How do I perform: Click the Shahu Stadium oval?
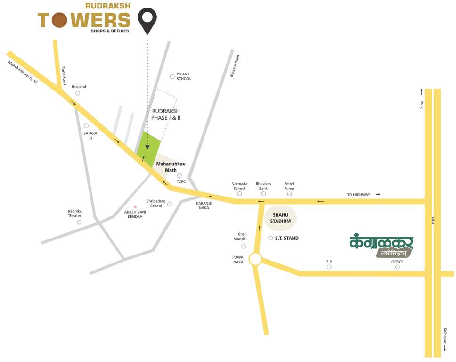pyautogui.click(x=280, y=218)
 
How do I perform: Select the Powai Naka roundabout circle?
pyautogui.click(x=255, y=259)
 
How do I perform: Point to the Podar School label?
pyautogui.click(x=184, y=76)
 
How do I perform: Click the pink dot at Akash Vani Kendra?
pyautogui.click(x=135, y=207)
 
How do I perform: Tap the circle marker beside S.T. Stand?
pyautogui.click(x=270, y=239)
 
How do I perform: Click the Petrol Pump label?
pyautogui.click(x=289, y=186)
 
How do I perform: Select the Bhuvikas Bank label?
pyautogui.click(x=264, y=186)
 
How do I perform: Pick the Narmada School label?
pyautogui.click(x=239, y=186)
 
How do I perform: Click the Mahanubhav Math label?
pyautogui.click(x=171, y=167)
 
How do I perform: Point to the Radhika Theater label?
pyautogui.click(x=74, y=213)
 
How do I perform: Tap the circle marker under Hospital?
pyautogui.click(x=78, y=93)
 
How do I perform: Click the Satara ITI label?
pyautogui.click(x=90, y=136)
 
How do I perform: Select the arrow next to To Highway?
pyautogui.click(x=378, y=194)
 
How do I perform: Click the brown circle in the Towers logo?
pyautogui.click(x=59, y=20)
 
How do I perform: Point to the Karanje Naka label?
pyautogui.click(x=204, y=206)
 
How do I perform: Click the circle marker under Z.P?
pyautogui.click(x=329, y=267)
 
